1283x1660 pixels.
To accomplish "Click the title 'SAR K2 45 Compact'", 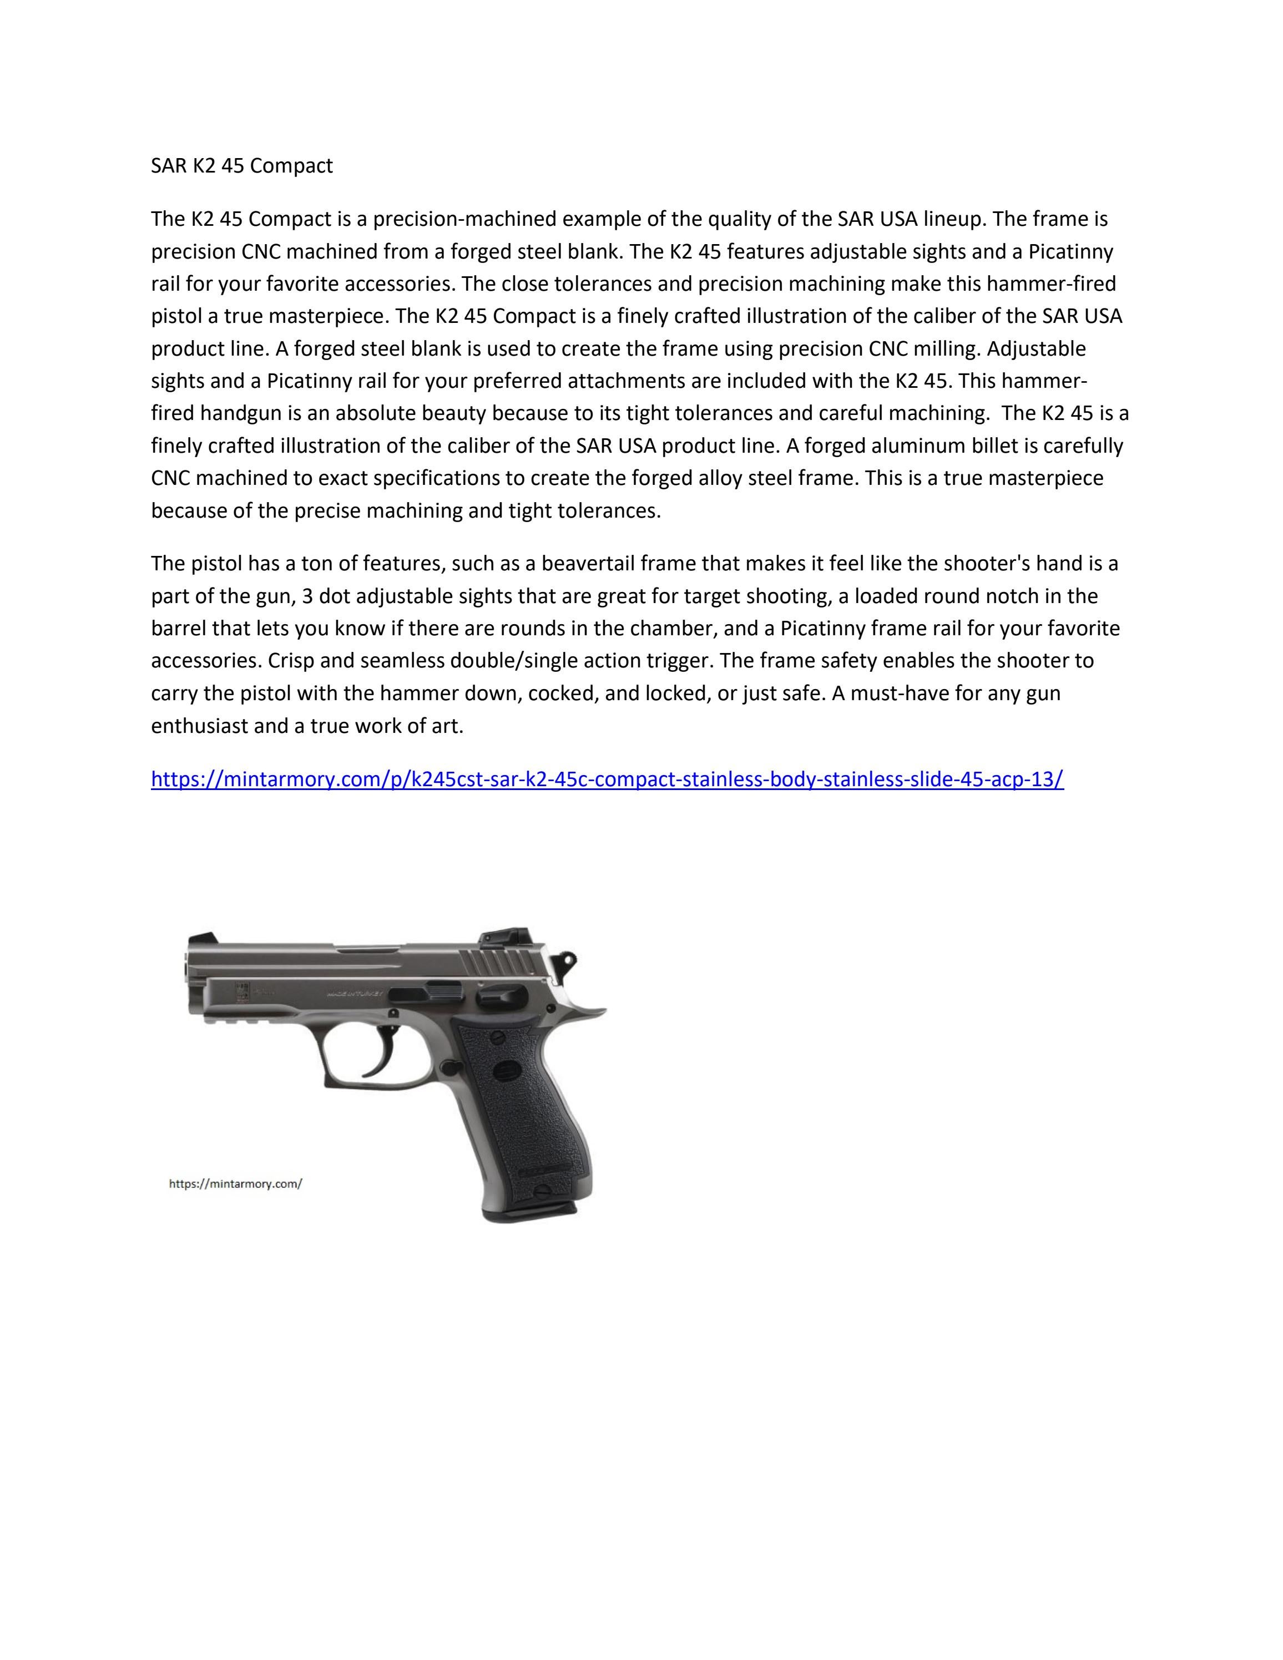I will point(242,166).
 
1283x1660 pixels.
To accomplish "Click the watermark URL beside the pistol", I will point(236,1183).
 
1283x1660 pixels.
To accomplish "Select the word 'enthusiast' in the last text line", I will point(199,725).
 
